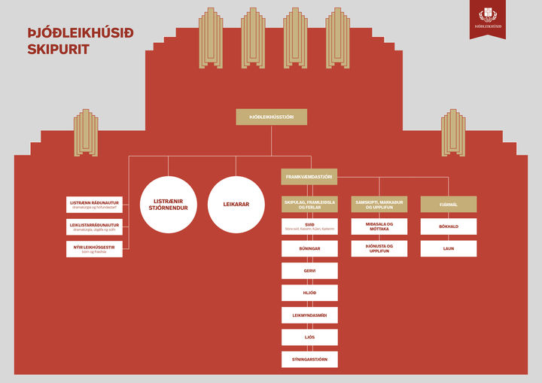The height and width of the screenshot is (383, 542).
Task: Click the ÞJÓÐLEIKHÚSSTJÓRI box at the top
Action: coord(271,117)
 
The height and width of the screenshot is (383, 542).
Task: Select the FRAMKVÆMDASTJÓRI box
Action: coord(309,177)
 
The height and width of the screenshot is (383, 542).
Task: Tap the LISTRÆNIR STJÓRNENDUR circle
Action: coord(169,204)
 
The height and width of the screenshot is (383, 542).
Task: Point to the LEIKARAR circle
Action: coord(236,204)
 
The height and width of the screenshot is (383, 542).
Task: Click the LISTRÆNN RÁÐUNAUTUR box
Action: coord(94,204)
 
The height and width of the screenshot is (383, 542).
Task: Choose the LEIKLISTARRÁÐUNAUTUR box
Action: coord(94,226)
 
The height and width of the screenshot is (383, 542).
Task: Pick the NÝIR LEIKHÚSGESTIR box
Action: coord(94,249)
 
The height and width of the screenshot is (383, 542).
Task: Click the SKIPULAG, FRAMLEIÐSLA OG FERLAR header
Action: coord(309,204)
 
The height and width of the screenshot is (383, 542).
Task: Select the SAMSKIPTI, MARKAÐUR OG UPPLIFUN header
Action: coord(379,204)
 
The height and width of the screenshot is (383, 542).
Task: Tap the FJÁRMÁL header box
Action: coord(448,204)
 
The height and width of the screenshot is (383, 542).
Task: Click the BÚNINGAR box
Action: coord(309,248)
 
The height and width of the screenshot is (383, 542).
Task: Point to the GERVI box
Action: coord(309,271)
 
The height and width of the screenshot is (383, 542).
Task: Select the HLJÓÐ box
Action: coord(309,293)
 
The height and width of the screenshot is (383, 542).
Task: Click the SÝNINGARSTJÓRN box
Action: coord(309,359)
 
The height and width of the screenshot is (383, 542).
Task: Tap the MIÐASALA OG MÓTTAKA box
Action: coord(379,226)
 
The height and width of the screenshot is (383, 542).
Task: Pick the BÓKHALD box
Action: coord(448,226)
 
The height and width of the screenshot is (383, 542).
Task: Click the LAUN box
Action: coord(448,248)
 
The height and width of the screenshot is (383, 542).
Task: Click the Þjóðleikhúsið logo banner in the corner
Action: coord(488,18)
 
